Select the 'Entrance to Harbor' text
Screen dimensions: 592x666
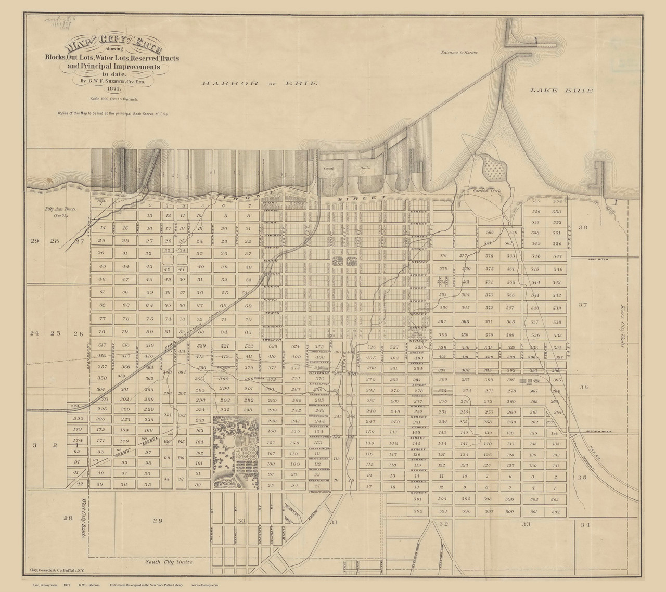point(458,53)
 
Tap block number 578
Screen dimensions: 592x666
point(443,255)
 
